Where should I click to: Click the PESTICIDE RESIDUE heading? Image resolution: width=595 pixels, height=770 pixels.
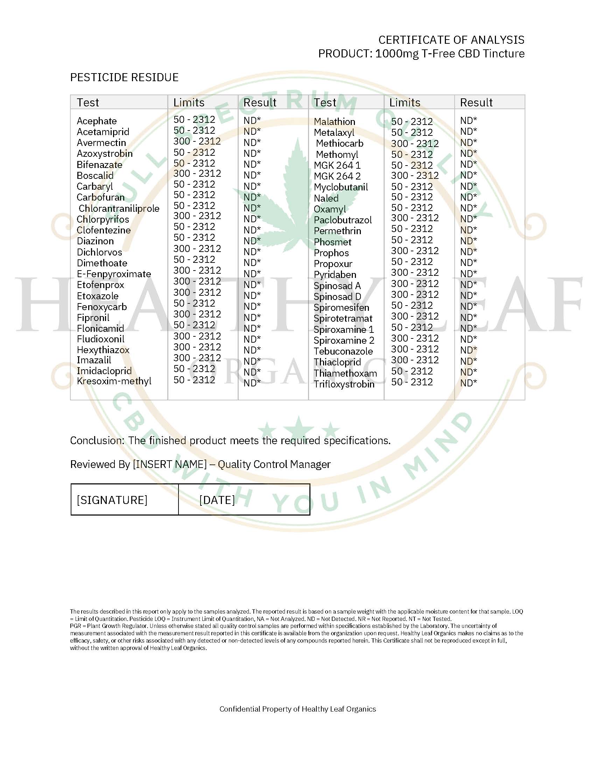pos(124,77)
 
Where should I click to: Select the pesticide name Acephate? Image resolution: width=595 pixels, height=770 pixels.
pos(97,121)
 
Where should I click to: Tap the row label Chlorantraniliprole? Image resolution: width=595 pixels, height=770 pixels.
pos(119,208)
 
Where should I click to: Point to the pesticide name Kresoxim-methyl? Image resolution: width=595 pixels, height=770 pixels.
pos(114,381)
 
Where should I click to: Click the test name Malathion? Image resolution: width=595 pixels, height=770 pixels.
pos(335,122)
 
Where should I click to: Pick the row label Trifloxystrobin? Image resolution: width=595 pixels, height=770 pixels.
pos(344,384)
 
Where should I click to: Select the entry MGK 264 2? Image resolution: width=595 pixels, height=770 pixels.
pos(337,176)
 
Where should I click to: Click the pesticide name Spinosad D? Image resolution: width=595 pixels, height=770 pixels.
pos(337,297)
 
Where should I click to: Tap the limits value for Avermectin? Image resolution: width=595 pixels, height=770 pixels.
pos(197,141)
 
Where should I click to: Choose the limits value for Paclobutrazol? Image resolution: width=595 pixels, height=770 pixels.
pos(415,218)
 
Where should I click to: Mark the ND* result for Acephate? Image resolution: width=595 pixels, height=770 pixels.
pos(252,121)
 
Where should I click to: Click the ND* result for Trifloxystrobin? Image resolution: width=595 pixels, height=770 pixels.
pos(468,383)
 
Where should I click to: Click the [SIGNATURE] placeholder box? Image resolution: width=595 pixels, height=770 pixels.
pos(112,500)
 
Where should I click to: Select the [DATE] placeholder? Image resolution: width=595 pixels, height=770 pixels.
pos(217,500)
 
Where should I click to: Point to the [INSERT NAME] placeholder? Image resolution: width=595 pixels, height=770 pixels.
pos(169,464)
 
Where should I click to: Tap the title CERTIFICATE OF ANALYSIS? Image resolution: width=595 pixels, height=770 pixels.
pos(451,40)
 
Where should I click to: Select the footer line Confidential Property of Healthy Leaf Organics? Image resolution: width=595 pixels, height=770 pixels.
pos(297,709)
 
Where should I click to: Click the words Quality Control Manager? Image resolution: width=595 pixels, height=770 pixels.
pos(274,464)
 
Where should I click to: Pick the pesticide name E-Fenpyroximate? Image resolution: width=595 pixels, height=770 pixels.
pos(114,274)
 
